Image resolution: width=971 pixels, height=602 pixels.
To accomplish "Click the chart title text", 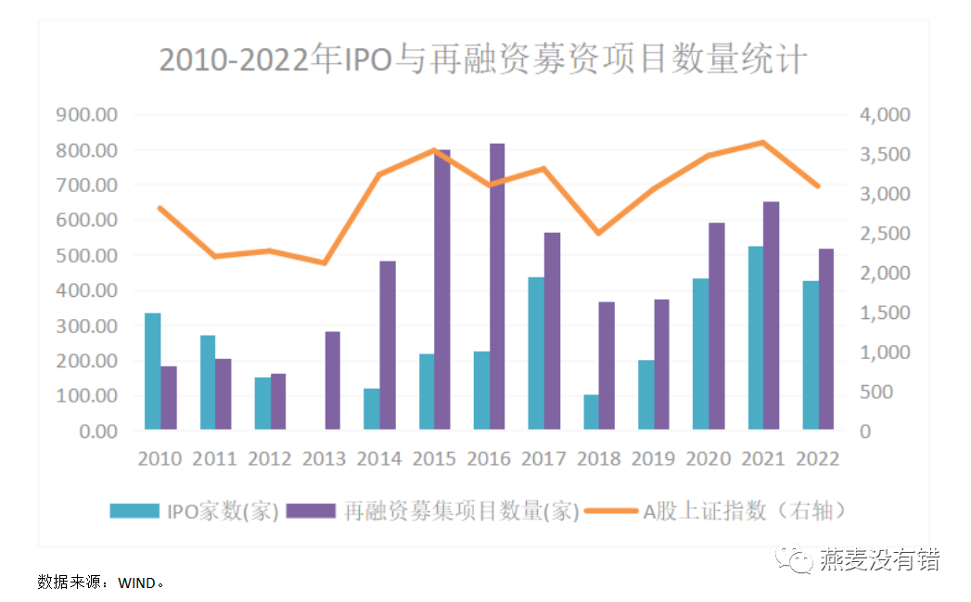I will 483,59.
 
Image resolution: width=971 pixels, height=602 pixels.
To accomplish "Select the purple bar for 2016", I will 497,287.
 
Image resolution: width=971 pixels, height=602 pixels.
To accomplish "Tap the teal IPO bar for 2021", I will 757,338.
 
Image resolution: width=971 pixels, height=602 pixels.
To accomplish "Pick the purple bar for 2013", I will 333,380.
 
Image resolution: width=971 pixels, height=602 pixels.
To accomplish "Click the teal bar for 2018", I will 592,412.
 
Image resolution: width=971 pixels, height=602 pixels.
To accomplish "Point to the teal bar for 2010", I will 153,371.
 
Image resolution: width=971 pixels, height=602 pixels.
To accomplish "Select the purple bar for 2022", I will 826,339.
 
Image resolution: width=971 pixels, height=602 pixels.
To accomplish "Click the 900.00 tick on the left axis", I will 87,115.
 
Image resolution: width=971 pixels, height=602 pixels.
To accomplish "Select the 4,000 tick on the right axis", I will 885,115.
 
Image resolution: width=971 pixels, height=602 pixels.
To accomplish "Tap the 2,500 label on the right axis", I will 885,234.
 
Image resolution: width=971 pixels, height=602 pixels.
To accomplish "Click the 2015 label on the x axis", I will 434,458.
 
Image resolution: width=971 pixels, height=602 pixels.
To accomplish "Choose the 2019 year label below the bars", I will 654,458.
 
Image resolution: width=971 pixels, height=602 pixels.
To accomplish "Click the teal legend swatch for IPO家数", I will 134,511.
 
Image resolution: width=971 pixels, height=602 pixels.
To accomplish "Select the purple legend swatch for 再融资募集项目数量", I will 312,511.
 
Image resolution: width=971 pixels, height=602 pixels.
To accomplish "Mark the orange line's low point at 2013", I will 326,263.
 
